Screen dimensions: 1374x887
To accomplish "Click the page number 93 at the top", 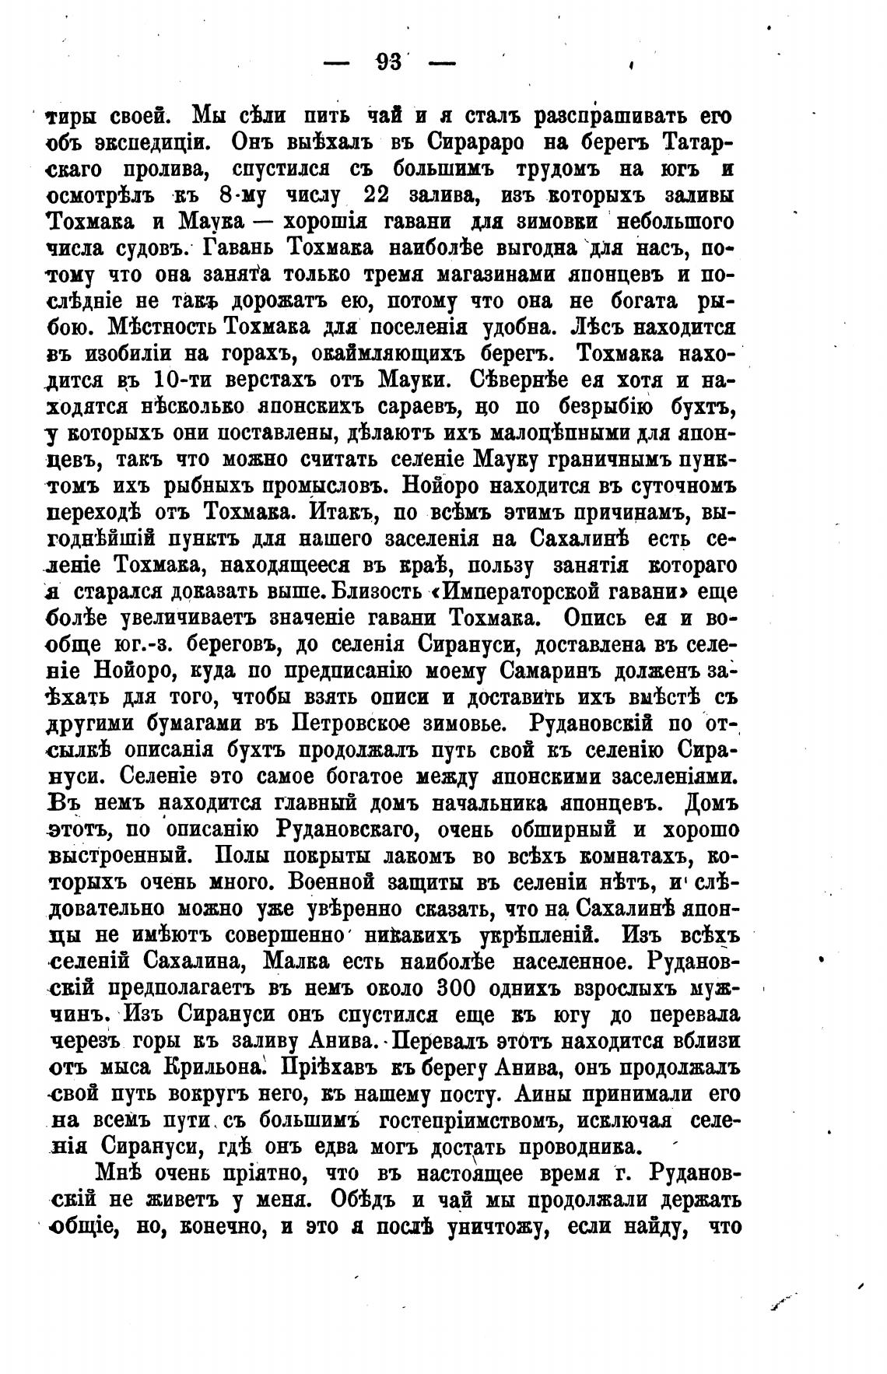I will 387,63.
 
